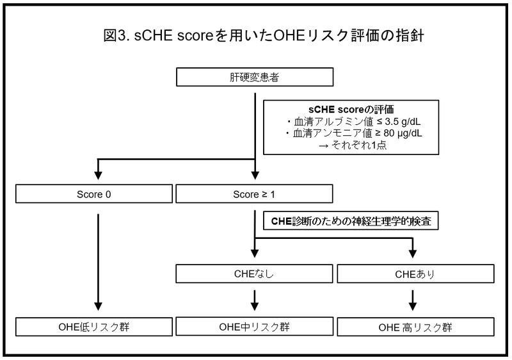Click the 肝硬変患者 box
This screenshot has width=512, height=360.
tap(255, 77)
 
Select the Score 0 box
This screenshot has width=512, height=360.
tap(94, 193)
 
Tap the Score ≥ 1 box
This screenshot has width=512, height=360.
tap(254, 193)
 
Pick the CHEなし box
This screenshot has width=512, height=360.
tap(254, 274)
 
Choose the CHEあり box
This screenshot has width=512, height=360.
tap(415, 274)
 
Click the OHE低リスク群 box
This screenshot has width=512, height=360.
tap(94, 327)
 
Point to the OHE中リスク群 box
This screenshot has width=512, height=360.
tap(254, 326)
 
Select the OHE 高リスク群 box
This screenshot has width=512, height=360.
tap(415, 327)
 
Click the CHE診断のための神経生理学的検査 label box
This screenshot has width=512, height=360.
tap(351, 221)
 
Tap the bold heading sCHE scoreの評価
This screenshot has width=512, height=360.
tap(351, 110)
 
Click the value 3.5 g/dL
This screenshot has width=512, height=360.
tap(403, 122)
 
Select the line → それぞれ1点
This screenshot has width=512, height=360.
tap(353, 145)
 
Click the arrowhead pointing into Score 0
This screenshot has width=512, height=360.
tap(98, 176)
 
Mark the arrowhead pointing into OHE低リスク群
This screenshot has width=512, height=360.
tap(98, 306)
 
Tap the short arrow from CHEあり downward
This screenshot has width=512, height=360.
tap(413, 300)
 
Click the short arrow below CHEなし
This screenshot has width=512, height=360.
tap(255, 300)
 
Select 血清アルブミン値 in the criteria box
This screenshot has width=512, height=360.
tap(333, 122)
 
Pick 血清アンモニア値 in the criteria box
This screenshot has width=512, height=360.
tap(332, 134)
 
